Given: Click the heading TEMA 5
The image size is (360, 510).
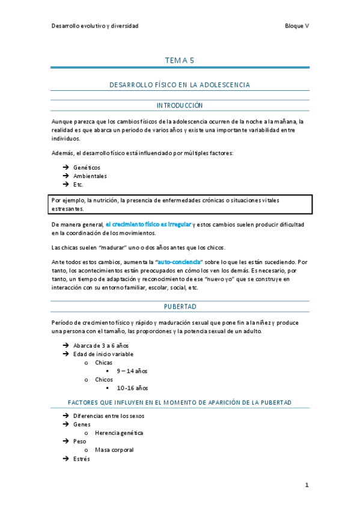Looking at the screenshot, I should (x=180, y=61).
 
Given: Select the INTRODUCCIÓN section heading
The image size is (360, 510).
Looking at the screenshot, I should (x=180, y=105).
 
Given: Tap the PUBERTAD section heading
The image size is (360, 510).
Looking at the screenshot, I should (x=180, y=307).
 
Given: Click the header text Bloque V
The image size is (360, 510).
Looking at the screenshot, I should (x=297, y=26).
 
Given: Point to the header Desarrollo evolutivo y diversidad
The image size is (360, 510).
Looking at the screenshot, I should (x=95, y=26).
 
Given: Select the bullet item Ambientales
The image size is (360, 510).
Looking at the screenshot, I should (x=90, y=176).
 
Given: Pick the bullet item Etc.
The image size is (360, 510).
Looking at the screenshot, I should (x=78, y=185).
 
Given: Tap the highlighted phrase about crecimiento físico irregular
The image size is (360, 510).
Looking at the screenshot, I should (x=148, y=224).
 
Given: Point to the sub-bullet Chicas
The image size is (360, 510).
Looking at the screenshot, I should (x=104, y=363).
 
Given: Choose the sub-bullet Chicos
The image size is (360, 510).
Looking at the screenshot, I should (x=104, y=379).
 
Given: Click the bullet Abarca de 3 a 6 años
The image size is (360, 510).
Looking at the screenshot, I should (x=101, y=345).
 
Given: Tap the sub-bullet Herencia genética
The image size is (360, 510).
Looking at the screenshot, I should (x=119, y=432).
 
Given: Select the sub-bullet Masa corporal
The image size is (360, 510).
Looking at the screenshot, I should (x=114, y=449).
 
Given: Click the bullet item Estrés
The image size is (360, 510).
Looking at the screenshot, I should (x=81, y=458).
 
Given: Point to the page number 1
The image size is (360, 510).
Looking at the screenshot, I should (x=306, y=485).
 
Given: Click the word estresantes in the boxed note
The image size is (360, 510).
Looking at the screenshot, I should (x=67, y=209).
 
